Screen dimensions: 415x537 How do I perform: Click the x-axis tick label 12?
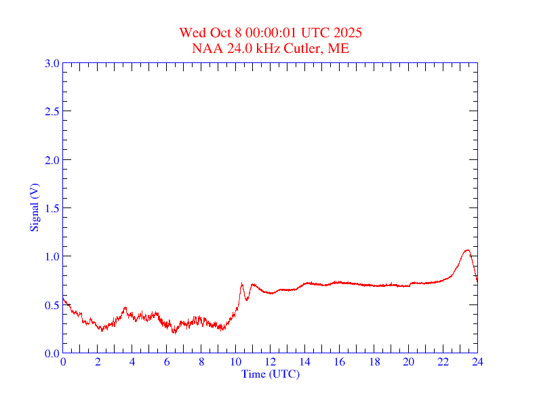(x=271, y=361)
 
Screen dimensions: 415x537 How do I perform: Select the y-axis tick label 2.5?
(x=51, y=112)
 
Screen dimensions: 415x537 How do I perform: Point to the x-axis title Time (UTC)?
(x=271, y=374)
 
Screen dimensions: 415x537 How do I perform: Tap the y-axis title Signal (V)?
(x=34, y=207)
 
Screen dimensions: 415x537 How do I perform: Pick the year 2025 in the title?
(x=348, y=33)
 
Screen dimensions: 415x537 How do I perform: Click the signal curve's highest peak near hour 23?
(x=466, y=250)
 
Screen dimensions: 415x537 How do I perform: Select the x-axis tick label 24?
(x=477, y=361)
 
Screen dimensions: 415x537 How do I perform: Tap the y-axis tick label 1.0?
(x=51, y=256)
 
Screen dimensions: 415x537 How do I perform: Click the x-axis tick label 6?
(x=167, y=361)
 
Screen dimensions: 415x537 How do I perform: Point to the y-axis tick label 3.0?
(x=51, y=64)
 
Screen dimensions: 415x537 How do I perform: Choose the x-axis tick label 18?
(x=374, y=361)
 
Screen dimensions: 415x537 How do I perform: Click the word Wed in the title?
(x=192, y=33)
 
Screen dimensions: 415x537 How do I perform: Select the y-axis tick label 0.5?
(x=51, y=305)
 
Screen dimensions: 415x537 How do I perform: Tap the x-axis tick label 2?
(x=98, y=361)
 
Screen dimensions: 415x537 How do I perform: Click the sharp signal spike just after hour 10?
(x=241, y=283)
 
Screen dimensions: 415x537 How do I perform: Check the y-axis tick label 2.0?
(x=51, y=160)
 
